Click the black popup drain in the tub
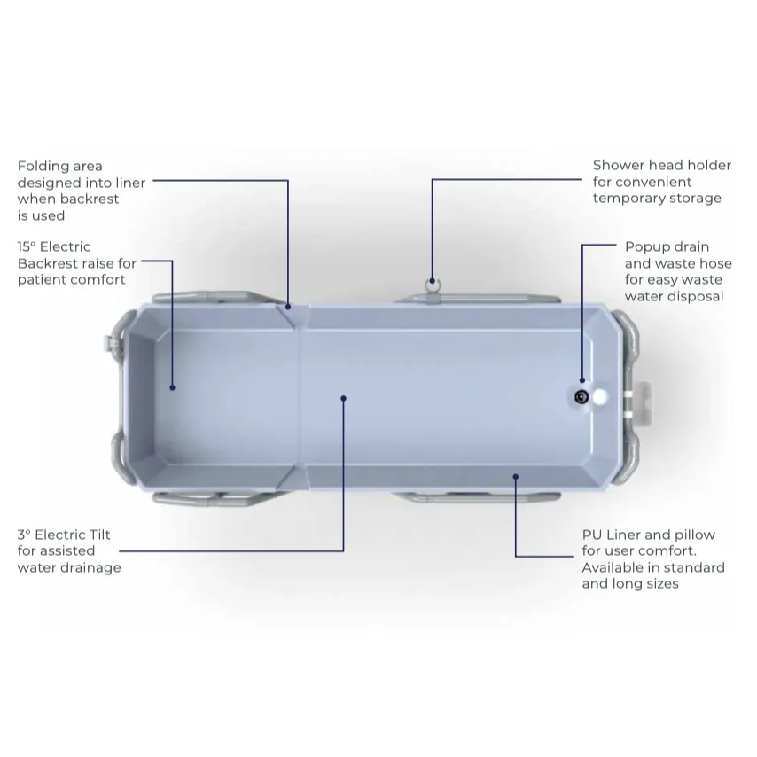point(581,397)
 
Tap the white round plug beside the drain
point(599,397)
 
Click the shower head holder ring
point(432,285)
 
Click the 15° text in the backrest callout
point(27,246)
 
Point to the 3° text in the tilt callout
point(24,535)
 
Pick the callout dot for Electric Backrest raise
point(172,387)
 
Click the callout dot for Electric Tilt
point(343,398)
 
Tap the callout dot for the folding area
point(288,307)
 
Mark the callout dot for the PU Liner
point(516,477)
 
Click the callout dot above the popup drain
point(582,380)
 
